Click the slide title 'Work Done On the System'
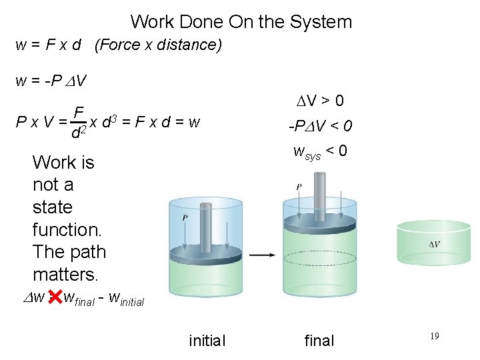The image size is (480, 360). click(241, 21)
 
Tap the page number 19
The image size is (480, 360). click(433, 337)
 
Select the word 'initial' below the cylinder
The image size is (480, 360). click(207, 341)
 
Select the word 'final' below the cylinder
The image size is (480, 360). click(319, 341)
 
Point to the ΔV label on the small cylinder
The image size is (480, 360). click(433, 245)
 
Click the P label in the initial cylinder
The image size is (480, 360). click(184, 217)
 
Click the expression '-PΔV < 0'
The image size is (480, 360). click(320, 126)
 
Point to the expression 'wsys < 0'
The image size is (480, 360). click(320, 151)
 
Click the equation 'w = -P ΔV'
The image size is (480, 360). click(51, 81)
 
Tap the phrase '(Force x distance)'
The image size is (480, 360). click(158, 45)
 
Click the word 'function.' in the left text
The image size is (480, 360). click(67, 230)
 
